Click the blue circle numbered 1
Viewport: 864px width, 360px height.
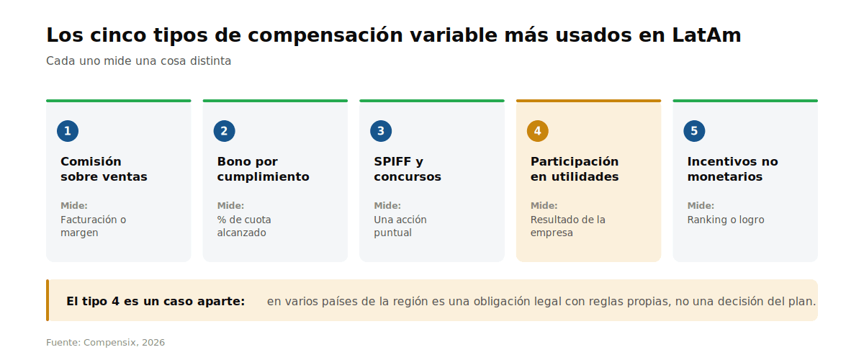point(68,131)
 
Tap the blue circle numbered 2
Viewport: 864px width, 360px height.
point(224,131)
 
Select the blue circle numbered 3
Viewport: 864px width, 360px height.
point(381,131)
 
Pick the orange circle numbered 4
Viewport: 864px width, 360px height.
point(537,131)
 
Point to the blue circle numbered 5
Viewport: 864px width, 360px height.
point(694,131)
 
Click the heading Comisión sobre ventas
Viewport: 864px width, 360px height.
point(104,169)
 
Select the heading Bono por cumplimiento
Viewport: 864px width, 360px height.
point(263,169)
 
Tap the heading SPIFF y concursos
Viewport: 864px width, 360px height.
point(408,169)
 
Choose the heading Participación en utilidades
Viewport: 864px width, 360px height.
point(575,169)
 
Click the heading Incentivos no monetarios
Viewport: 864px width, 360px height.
point(732,169)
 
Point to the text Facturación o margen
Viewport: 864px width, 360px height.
point(94,226)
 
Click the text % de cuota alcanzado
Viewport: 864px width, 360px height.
point(244,226)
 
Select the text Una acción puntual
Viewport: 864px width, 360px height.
point(400,226)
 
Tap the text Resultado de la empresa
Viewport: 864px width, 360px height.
point(568,226)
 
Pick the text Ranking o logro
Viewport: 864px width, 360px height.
point(726,220)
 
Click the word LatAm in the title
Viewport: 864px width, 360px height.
point(706,35)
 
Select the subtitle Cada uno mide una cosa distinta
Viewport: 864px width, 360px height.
point(138,61)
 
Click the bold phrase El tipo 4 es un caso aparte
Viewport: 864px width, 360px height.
point(156,301)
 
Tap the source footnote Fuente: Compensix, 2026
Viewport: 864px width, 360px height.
point(105,343)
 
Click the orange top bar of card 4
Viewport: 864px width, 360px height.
point(589,101)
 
